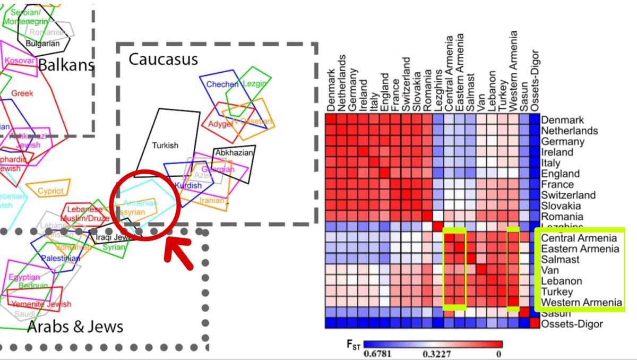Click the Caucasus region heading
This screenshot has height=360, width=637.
click(x=163, y=59)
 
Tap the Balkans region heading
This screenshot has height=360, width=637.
click(x=66, y=65)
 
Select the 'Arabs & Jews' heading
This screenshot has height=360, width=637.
click(x=75, y=325)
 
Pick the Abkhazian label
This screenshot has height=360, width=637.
click(x=234, y=153)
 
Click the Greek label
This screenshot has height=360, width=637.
click(x=22, y=93)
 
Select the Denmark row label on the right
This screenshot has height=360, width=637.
click(x=562, y=120)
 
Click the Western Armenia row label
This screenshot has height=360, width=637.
click(x=581, y=303)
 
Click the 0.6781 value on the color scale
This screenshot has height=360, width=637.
click(x=378, y=353)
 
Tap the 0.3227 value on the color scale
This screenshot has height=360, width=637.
click(x=434, y=353)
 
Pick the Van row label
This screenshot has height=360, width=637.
click(x=549, y=270)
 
